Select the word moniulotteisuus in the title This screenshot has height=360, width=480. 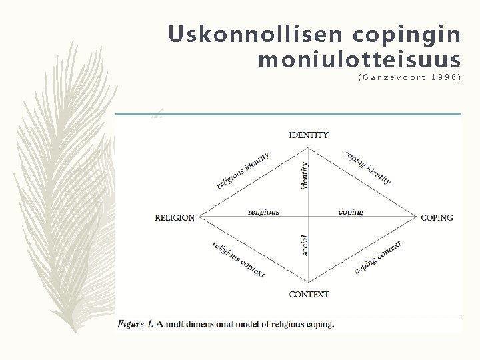click(359, 61)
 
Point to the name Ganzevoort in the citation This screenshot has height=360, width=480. click(389, 78)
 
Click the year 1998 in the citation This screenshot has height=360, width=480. click(446, 78)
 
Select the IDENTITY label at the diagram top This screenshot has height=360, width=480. click(309, 135)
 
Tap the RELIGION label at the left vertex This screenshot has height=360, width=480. click(175, 217)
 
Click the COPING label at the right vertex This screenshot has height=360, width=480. click(437, 217)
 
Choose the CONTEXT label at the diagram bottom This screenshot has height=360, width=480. click(309, 294)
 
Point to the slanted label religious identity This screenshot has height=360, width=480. click(243, 170)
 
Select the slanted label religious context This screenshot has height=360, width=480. click(239, 259)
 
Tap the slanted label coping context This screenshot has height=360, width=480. click(378, 257)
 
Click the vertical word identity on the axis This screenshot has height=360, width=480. click(305, 175)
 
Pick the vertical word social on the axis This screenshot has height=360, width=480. click(305, 245)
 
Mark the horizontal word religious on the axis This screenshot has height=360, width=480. click(263, 212)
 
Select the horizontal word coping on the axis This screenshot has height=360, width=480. click(351, 212)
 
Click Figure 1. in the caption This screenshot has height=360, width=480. click(136, 324)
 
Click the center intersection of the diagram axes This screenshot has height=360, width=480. click(309, 217)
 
